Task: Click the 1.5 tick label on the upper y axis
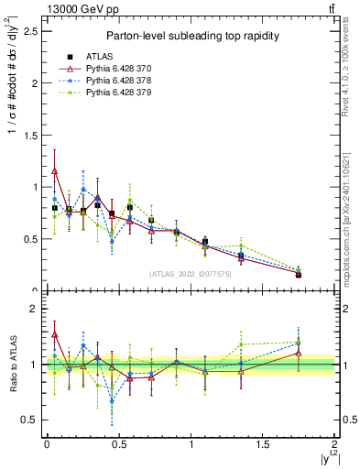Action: [30, 135]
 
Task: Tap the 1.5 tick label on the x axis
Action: [263, 445]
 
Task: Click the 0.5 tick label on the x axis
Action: [118, 445]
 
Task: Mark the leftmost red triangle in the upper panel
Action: [55, 170]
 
